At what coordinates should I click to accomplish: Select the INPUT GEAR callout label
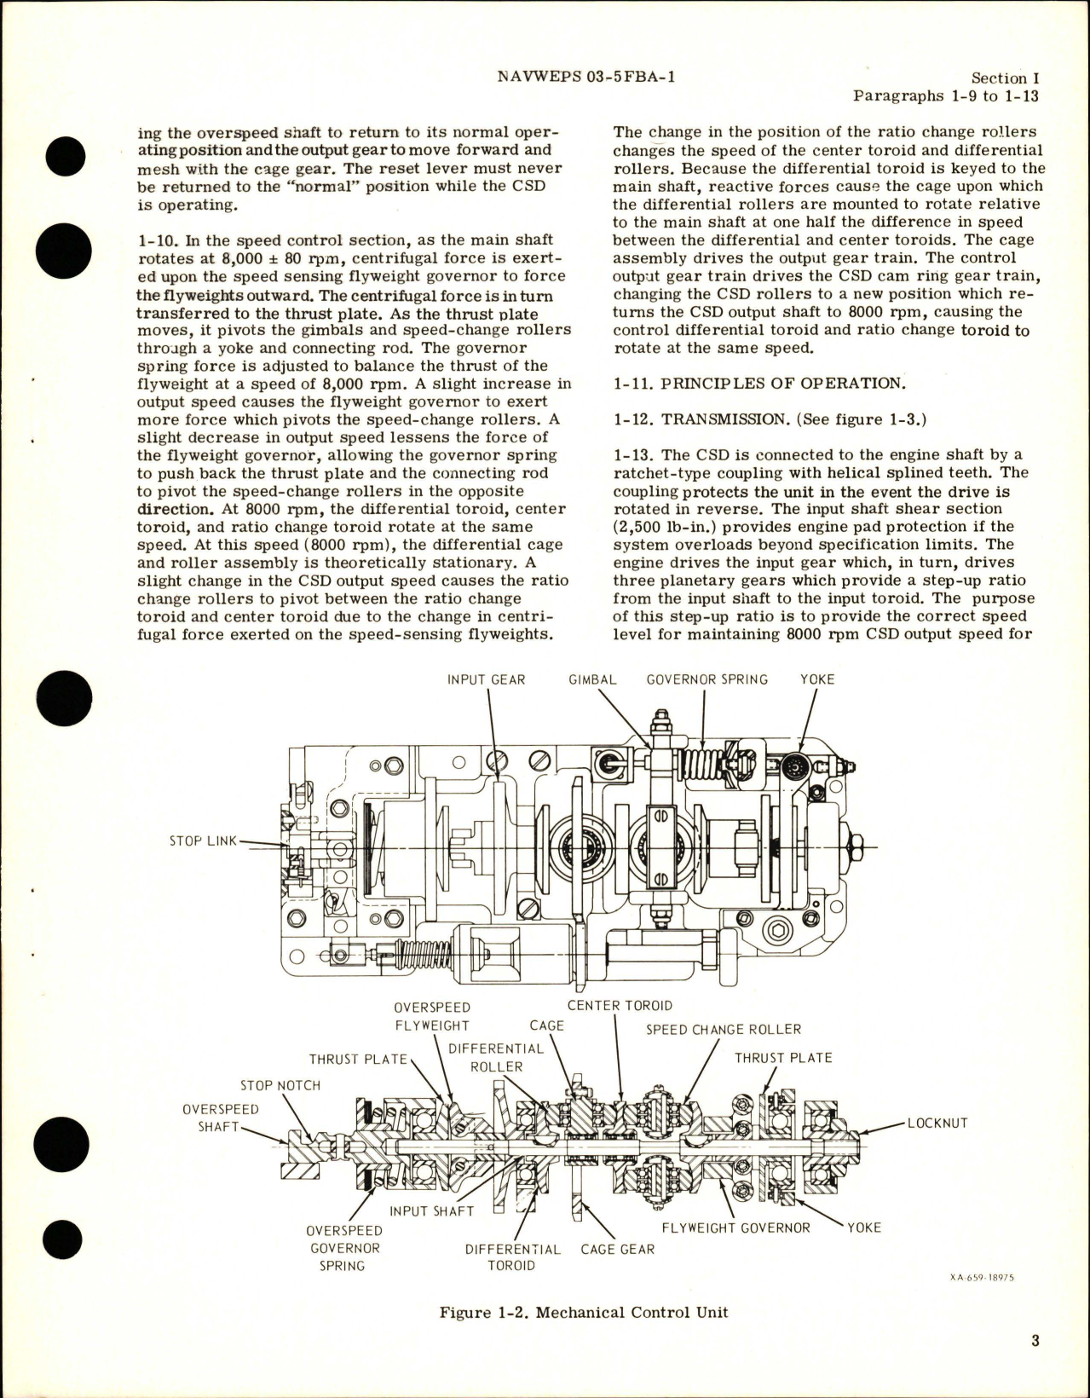tap(487, 679)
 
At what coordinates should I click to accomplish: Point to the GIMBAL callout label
tap(593, 679)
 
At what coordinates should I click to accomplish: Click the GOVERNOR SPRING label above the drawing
tap(706, 679)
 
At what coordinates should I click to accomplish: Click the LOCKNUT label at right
tap(937, 1124)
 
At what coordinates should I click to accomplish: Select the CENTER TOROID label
tap(620, 1006)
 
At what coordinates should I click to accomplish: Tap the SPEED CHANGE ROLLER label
tap(723, 1030)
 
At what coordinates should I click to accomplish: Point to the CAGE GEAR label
tap(617, 1250)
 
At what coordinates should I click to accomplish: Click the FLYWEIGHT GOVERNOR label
tap(735, 1228)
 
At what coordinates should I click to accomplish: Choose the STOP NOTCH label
tap(280, 1086)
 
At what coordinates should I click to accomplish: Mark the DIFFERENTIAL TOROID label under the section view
tap(512, 1258)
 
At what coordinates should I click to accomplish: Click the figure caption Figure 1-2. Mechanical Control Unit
tap(584, 1313)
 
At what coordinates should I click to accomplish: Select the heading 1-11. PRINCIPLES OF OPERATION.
tap(747, 384)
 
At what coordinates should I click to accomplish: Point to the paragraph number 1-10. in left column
tap(156, 241)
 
